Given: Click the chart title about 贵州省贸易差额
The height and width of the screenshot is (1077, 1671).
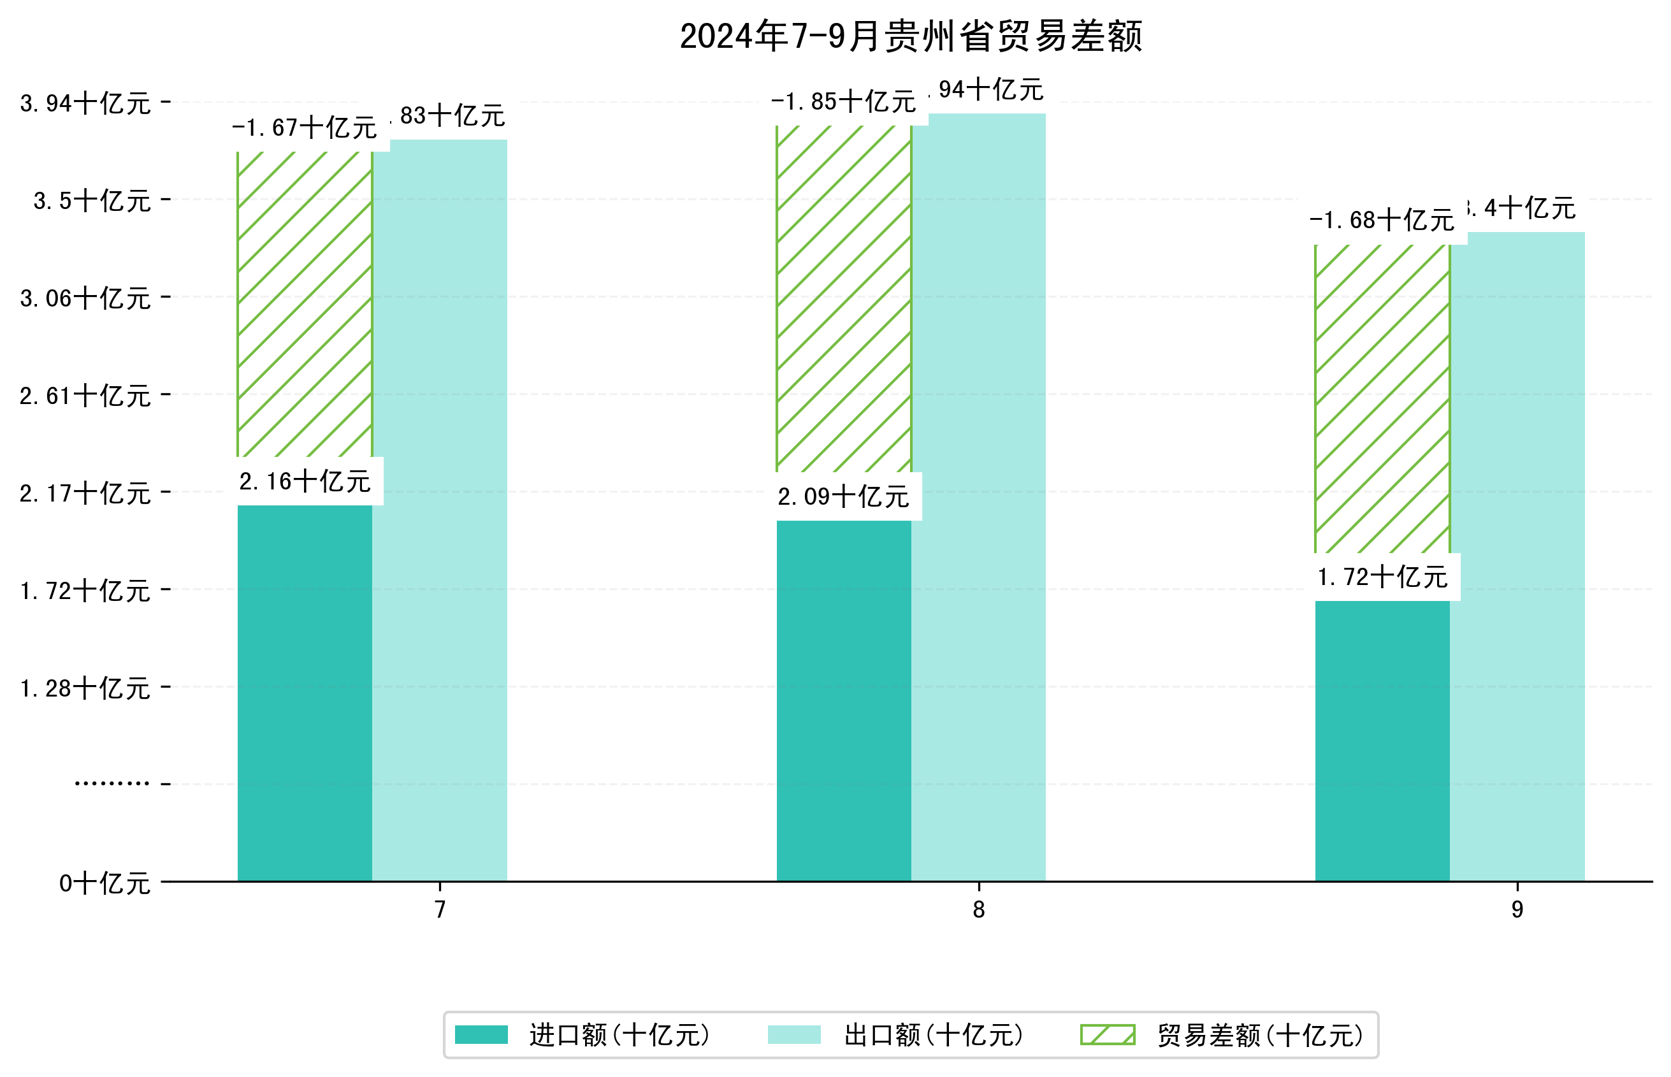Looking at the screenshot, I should [910, 36].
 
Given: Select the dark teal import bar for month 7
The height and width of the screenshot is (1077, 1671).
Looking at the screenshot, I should [305, 692].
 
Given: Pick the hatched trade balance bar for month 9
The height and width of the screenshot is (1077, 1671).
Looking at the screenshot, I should [1382, 399].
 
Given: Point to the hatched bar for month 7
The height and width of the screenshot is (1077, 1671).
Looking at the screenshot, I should [305, 304].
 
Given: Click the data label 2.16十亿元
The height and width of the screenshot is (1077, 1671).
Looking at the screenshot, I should [305, 481].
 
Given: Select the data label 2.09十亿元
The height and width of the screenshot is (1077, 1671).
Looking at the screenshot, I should [843, 496].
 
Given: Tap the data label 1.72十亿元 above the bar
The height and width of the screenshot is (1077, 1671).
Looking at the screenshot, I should [1382, 577].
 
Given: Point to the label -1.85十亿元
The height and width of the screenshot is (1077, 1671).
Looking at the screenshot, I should [843, 102].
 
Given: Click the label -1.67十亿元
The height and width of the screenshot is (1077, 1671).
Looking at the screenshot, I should [305, 128].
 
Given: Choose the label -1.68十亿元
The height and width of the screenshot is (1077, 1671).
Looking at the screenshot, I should [1382, 221].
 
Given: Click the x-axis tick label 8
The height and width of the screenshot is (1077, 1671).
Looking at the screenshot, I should [978, 909].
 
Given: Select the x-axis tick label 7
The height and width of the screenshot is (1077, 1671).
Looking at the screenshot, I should [440, 909].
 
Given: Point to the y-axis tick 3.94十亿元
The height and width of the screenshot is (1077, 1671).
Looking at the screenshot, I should [85, 103].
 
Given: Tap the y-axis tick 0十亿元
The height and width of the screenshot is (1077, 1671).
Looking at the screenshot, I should [105, 883].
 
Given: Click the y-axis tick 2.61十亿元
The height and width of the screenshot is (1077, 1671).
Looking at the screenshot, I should [85, 396].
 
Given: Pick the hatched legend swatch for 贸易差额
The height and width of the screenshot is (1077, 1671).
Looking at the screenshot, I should [1108, 1034].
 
